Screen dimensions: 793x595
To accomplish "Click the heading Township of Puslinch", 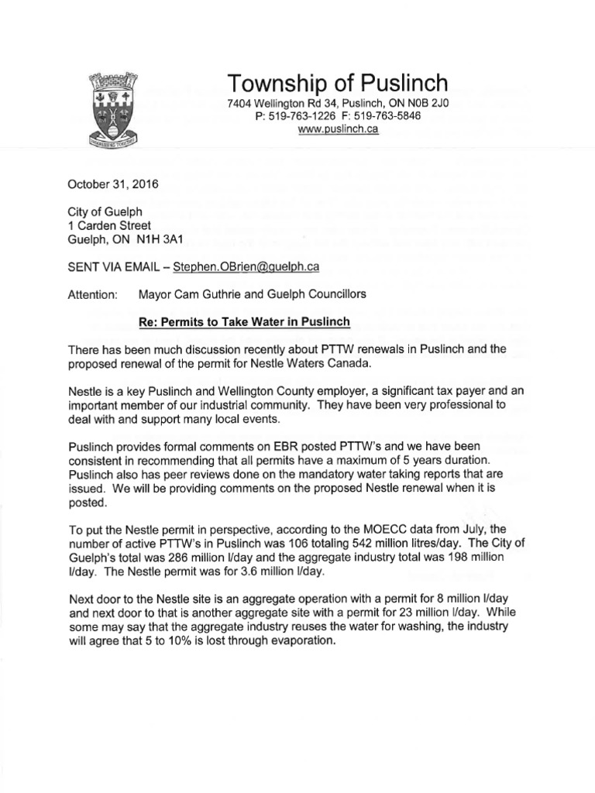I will pos(337,82).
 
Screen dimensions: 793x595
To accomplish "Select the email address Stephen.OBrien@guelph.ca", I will pos(247,266).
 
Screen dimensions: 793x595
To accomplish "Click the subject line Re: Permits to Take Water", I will pos(239,321).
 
